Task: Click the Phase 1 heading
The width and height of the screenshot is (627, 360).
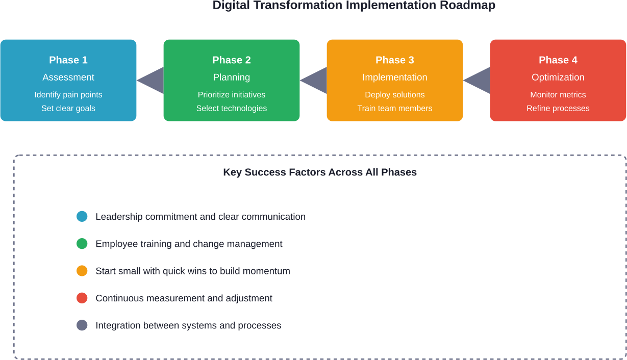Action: (x=68, y=60)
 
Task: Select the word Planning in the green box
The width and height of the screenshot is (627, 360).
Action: (x=232, y=78)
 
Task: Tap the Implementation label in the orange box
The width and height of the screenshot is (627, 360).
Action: (x=395, y=78)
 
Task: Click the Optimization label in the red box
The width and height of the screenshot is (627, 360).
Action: (x=558, y=78)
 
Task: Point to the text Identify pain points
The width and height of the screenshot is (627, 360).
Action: (x=68, y=95)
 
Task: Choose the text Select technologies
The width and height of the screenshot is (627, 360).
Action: (x=232, y=108)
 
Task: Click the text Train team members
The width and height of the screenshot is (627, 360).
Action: (x=395, y=108)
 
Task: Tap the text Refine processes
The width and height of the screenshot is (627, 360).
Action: (x=558, y=108)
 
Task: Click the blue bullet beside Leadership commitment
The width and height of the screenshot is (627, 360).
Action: (x=82, y=217)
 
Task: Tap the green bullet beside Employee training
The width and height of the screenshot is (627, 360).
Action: (x=82, y=244)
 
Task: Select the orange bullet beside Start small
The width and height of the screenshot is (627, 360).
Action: (x=82, y=271)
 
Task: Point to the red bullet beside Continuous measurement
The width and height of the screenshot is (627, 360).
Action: (x=82, y=298)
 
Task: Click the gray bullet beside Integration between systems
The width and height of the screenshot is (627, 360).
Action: (x=82, y=325)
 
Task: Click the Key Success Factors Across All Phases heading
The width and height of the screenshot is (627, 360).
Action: (x=320, y=172)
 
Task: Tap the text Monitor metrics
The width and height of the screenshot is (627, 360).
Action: (x=558, y=95)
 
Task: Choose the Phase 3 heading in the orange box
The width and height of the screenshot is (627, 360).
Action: (x=395, y=60)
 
